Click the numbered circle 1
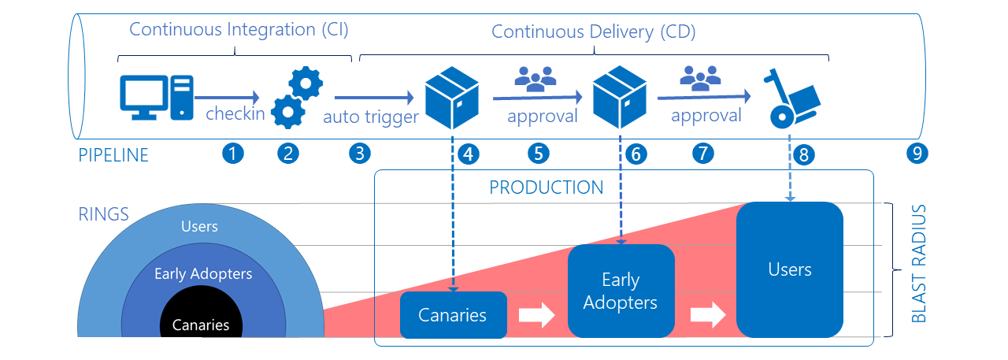coord(233,154)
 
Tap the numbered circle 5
coord(539,154)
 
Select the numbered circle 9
coord(917,154)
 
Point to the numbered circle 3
coord(360,154)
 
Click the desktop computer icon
coord(157,98)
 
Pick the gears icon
coord(298,97)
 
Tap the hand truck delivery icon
coord(792,98)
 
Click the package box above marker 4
coord(452,98)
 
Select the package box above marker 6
coord(620,97)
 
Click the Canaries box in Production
coord(454,315)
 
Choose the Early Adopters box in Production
coord(621,291)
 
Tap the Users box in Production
coord(790,269)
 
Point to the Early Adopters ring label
coord(203,273)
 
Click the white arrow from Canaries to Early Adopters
coord(537,315)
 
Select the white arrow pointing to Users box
coord(708,315)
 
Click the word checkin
coord(235,113)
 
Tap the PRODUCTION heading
coord(547,187)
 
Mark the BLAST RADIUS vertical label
coord(919,264)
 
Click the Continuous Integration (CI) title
coord(239,30)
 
